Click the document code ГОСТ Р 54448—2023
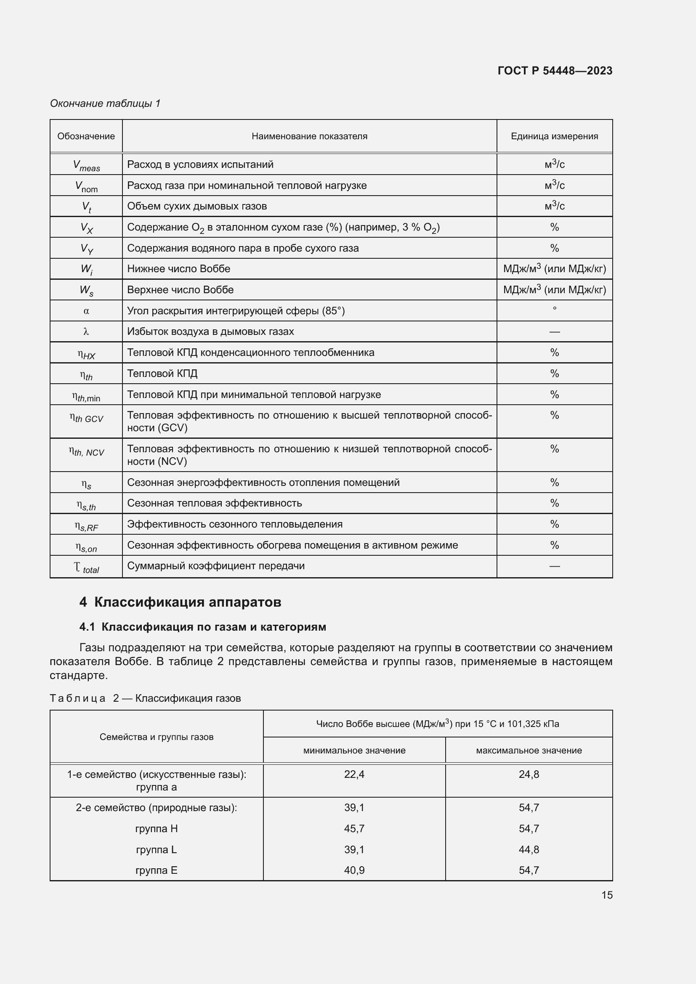pyautogui.click(x=555, y=71)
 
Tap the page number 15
pyautogui.click(x=606, y=895)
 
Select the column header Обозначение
pyautogui.click(x=86, y=136)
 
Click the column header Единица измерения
pyautogui.click(x=554, y=136)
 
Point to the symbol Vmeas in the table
pyautogui.click(x=86, y=165)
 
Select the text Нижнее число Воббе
pyautogui.click(x=179, y=269)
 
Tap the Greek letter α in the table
pyautogui.click(x=86, y=311)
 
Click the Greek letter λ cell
pyautogui.click(x=86, y=331)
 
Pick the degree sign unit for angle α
pyautogui.click(x=554, y=308)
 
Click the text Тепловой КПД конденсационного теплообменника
pyautogui.click(x=251, y=352)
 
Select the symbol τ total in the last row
pyautogui.click(x=86, y=568)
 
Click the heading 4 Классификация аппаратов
pyautogui.click(x=180, y=602)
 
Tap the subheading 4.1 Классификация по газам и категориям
pyautogui.click(x=202, y=627)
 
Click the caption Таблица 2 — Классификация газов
pyautogui.click(x=145, y=698)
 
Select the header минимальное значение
pyautogui.click(x=354, y=751)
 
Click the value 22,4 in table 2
pyautogui.click(x=354, y=774)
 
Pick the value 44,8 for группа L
pyautogui.click(x=529, y=849)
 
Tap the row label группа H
pyautogui.click(x=157, y=828)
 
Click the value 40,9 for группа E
pyautogui.click(x=354, y=870)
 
